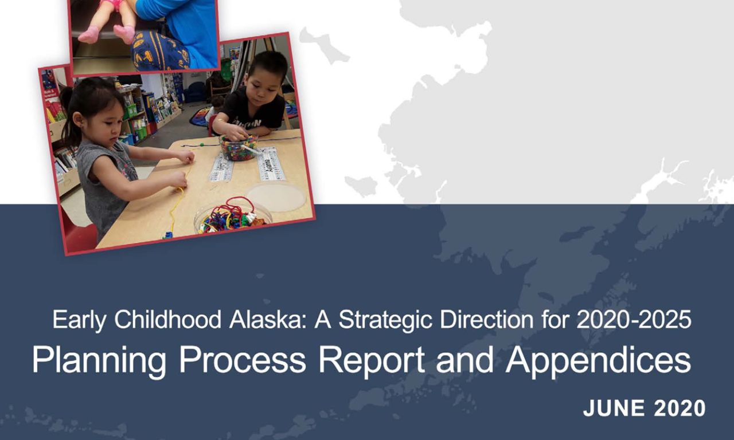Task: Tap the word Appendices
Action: [x=598, y=361]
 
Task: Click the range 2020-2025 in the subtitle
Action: [x=634, y=319]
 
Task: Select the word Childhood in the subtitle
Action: [x=168, y=319]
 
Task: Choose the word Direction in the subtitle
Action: [x=486, y=319]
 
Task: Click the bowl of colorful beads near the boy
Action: [x=238, y=147]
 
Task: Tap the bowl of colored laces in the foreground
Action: [x=233, y=216]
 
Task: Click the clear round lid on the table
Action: [x=276, y=197]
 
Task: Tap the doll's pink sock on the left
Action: [x=88, y=35]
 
